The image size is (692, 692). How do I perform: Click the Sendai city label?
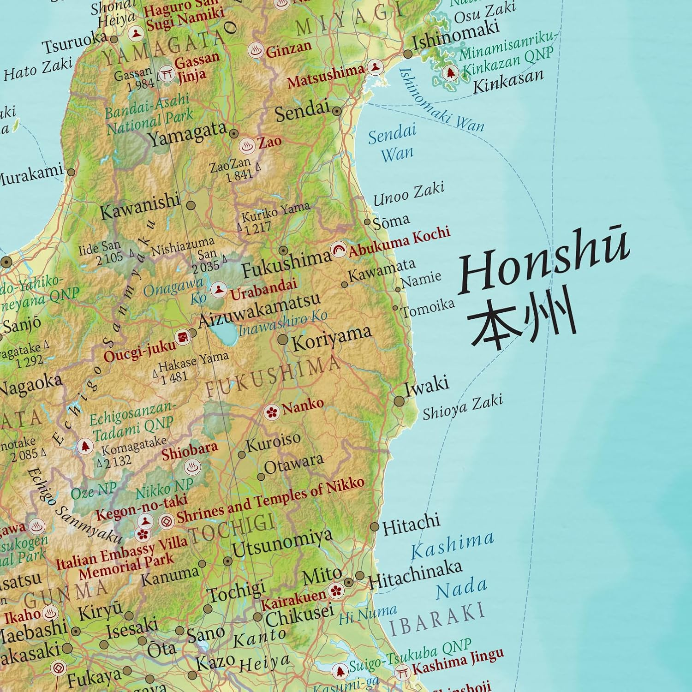[302, 111]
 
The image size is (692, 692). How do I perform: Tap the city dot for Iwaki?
[400, 401]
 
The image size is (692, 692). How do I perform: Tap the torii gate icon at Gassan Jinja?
[167, 74]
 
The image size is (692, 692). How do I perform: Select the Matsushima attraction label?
[326, 77]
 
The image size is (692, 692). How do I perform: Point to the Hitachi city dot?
[375, 527]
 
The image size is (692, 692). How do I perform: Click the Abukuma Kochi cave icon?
[339, 251]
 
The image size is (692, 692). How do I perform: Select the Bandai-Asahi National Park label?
[148, 114]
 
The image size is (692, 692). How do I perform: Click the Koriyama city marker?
[283, 340]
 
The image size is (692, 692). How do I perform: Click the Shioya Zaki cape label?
[463, 407]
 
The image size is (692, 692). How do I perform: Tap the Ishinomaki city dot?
[408, 54]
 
